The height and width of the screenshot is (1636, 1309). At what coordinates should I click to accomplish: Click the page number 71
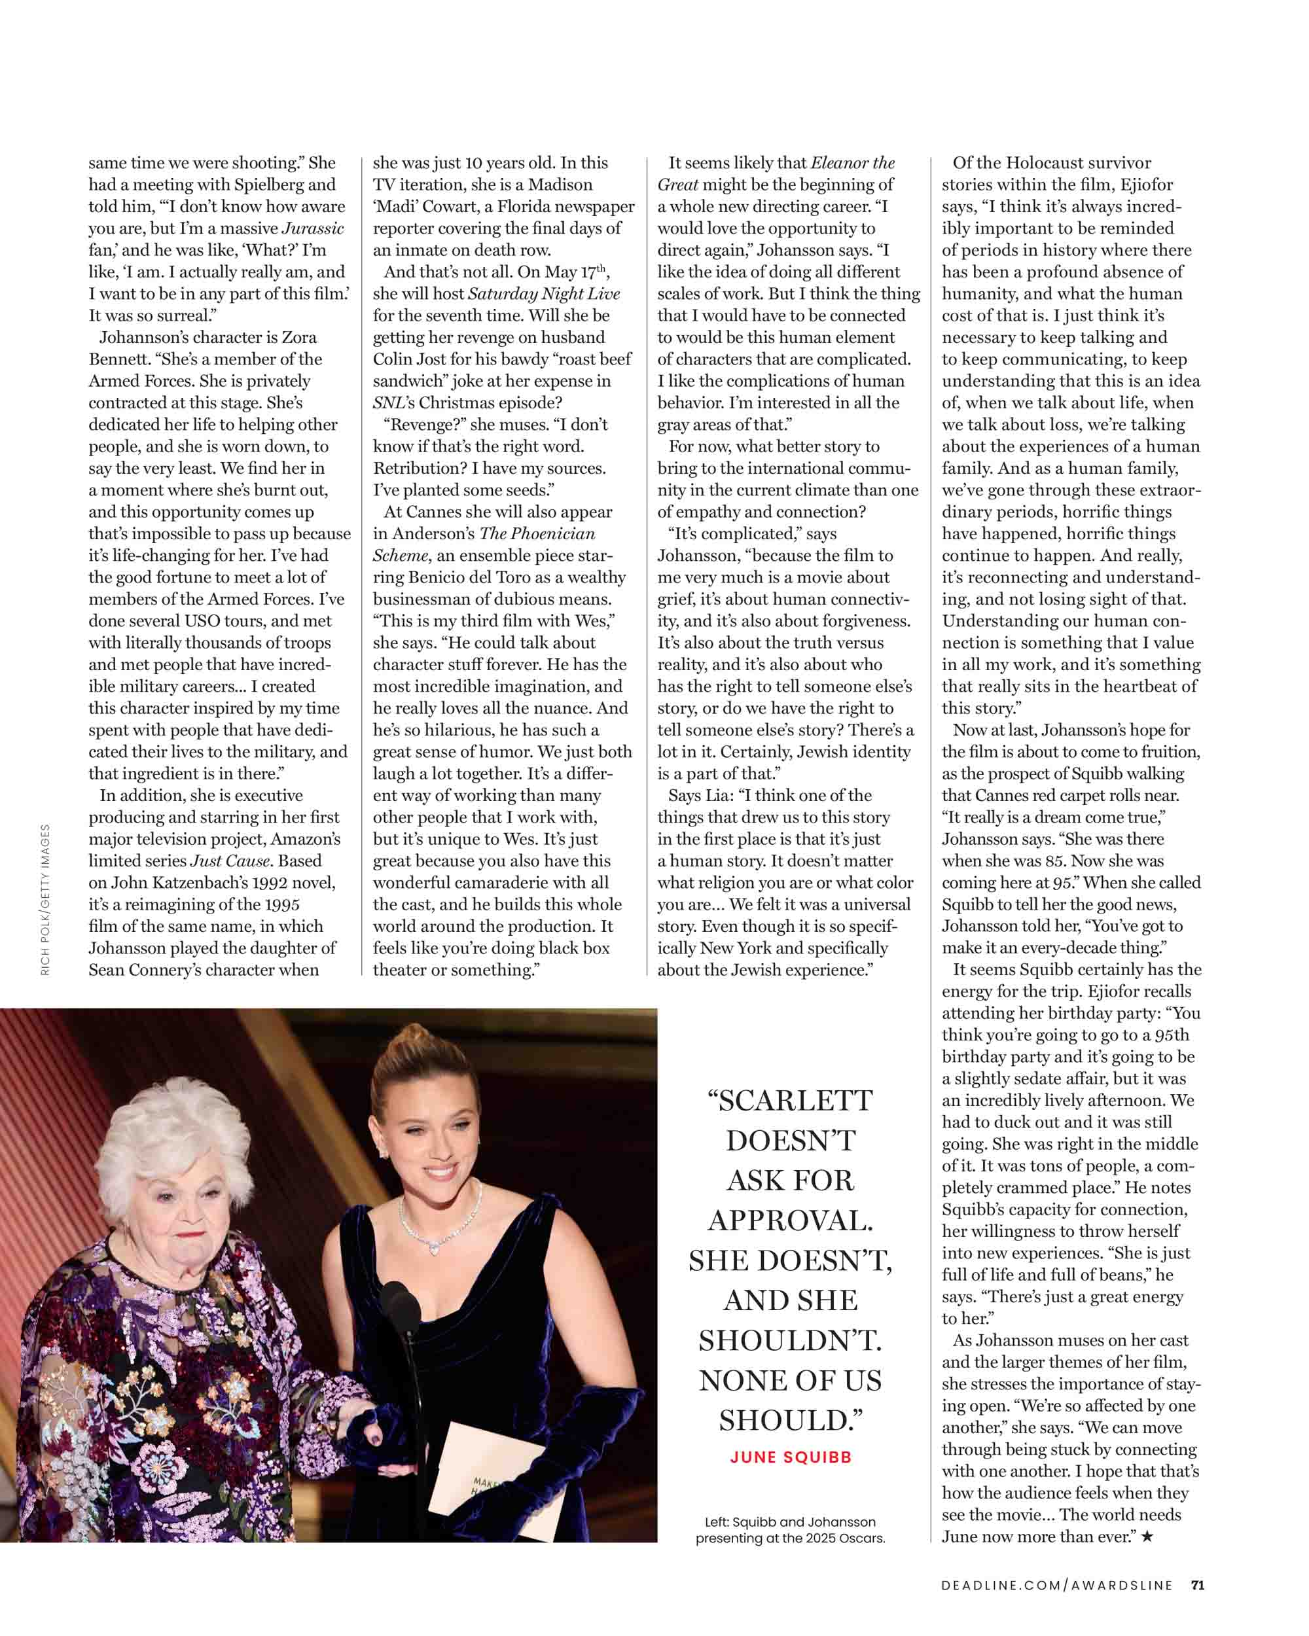pyautogui.click(x=1198, y=1584)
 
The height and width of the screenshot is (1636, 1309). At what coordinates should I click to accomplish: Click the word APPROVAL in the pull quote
pyautogui.click(x=791, y=1221)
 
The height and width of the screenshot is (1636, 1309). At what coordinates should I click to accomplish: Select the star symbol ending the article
pyautogui.click(x=1147, y=1537)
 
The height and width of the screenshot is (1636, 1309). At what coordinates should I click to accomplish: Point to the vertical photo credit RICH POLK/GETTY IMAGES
pyautogui.click(x=46, y=899)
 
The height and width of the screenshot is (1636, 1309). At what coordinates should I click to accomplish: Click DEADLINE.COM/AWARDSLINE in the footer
pyautogui.click(x=1056, y=1585)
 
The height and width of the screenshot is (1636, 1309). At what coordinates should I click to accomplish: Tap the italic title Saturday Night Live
pyautogui.click(x=543, y=294)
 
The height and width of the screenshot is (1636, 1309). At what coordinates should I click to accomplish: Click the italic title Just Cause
pyautogui.click(x=229, y=861)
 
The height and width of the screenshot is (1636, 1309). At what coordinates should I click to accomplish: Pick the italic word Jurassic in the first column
pyautogui.click(x=313, y=228)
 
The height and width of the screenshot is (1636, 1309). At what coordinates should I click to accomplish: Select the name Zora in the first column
pyautogui.click(x=299, y=337)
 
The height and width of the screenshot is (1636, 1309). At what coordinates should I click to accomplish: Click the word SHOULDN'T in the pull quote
pyautogui.click(x=791, y=1341)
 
